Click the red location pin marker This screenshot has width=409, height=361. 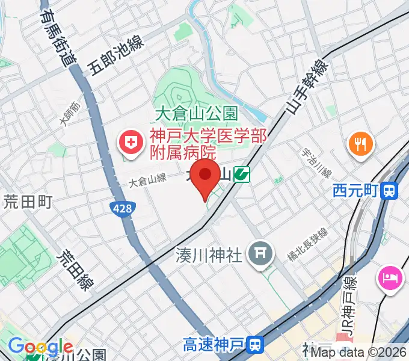coord(205,177)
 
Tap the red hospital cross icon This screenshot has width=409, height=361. coord(129,143)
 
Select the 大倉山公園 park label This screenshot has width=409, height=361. coord(197,113)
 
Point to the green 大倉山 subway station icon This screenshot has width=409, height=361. coord(242,174)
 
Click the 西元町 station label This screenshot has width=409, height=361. coord(355,191)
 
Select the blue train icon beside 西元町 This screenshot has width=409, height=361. coord(390,191)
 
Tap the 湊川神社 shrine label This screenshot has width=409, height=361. coord(209,255)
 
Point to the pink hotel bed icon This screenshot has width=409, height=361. coord(389,279)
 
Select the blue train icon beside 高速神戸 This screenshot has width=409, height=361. coord(256,345)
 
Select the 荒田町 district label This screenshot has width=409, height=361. coord(28,201)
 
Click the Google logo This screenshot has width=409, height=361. coord(40,347)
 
